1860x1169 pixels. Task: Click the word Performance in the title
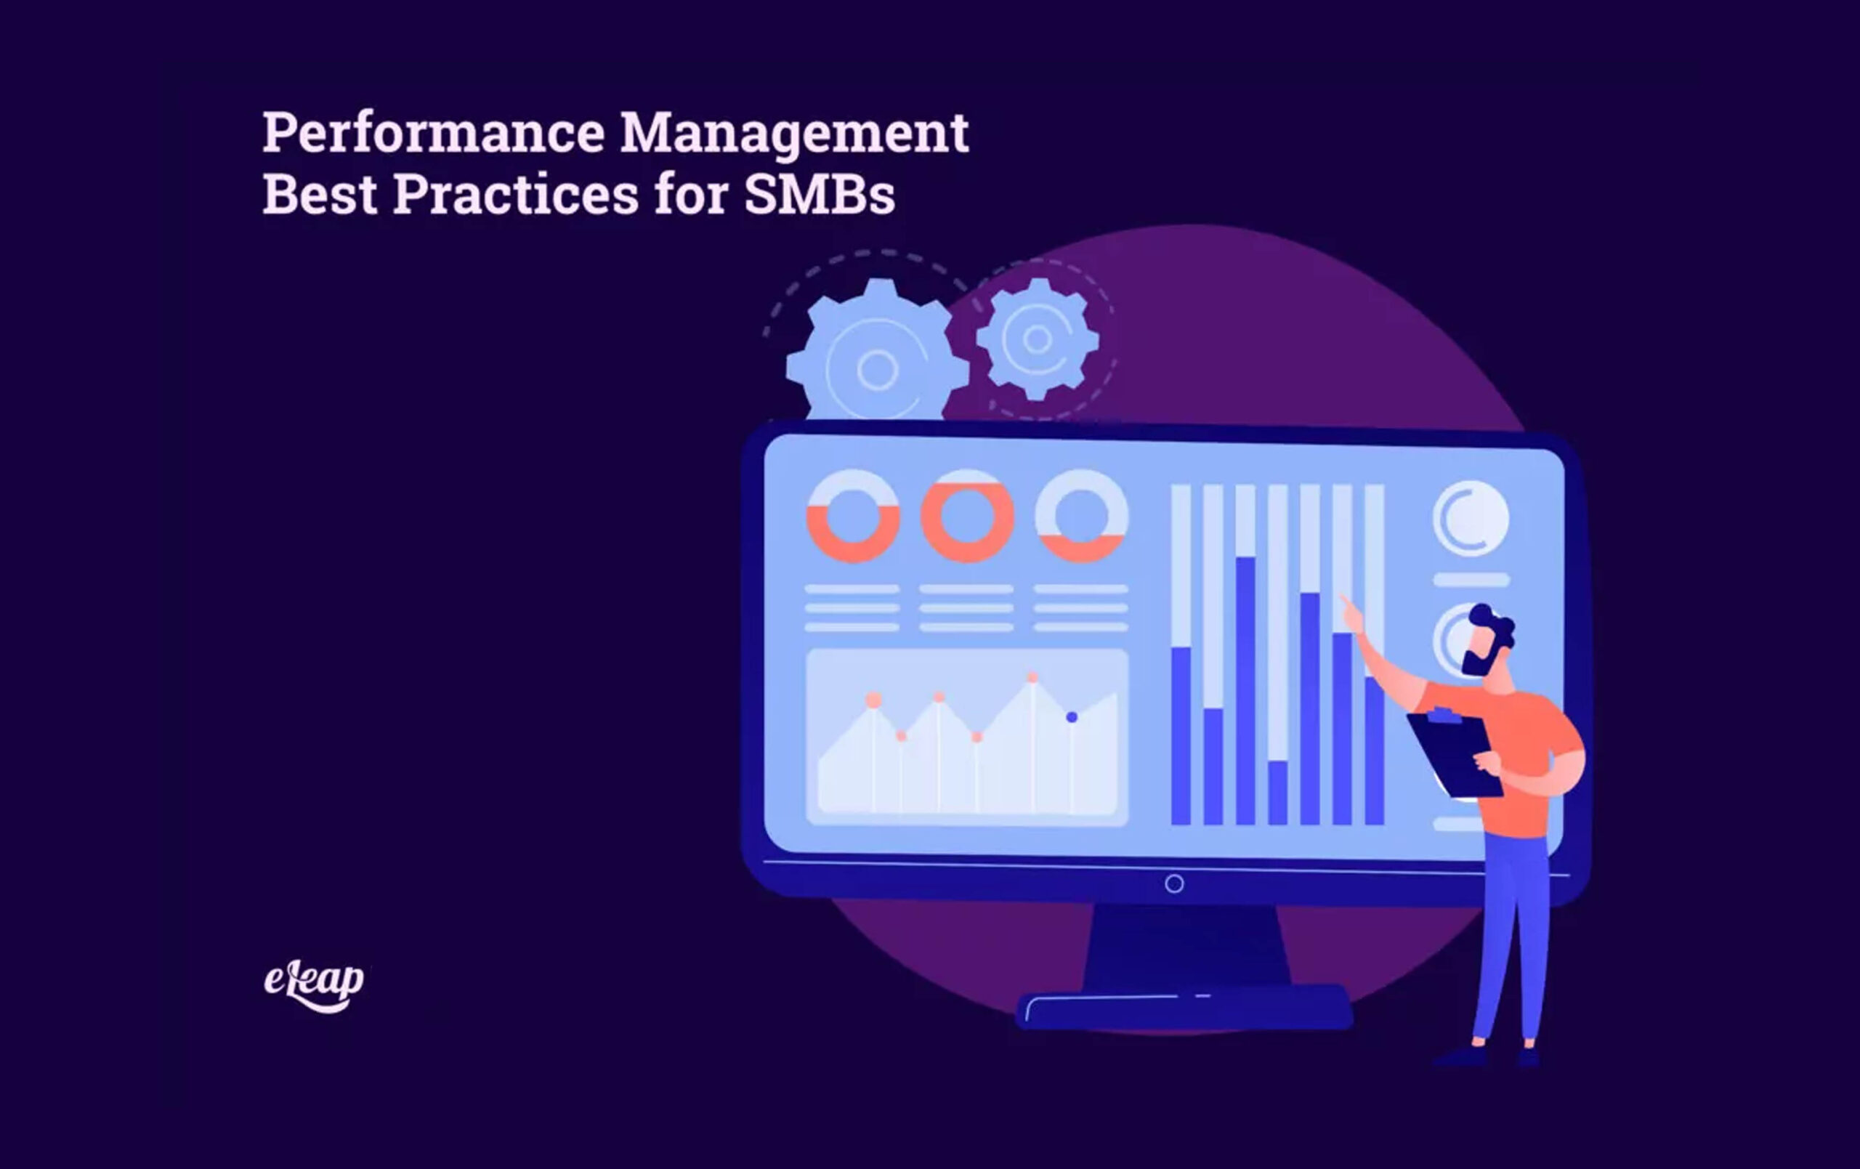click(433, 133)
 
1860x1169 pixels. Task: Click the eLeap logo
click(314, 987)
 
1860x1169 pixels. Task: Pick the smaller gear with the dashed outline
click(1038, 339)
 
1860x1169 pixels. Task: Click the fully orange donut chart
click(967, 516)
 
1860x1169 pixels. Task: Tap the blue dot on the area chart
click(1072, 717)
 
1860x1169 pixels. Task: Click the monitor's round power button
click(1174, 884)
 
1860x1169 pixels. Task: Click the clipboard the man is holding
click(1455, 755)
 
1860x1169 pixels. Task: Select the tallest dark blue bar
click(1245, 691)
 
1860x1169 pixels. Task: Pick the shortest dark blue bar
click(1277, 793)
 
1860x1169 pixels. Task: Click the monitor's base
click(1184, 1007)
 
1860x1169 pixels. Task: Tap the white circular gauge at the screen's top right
click(1471, 518)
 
